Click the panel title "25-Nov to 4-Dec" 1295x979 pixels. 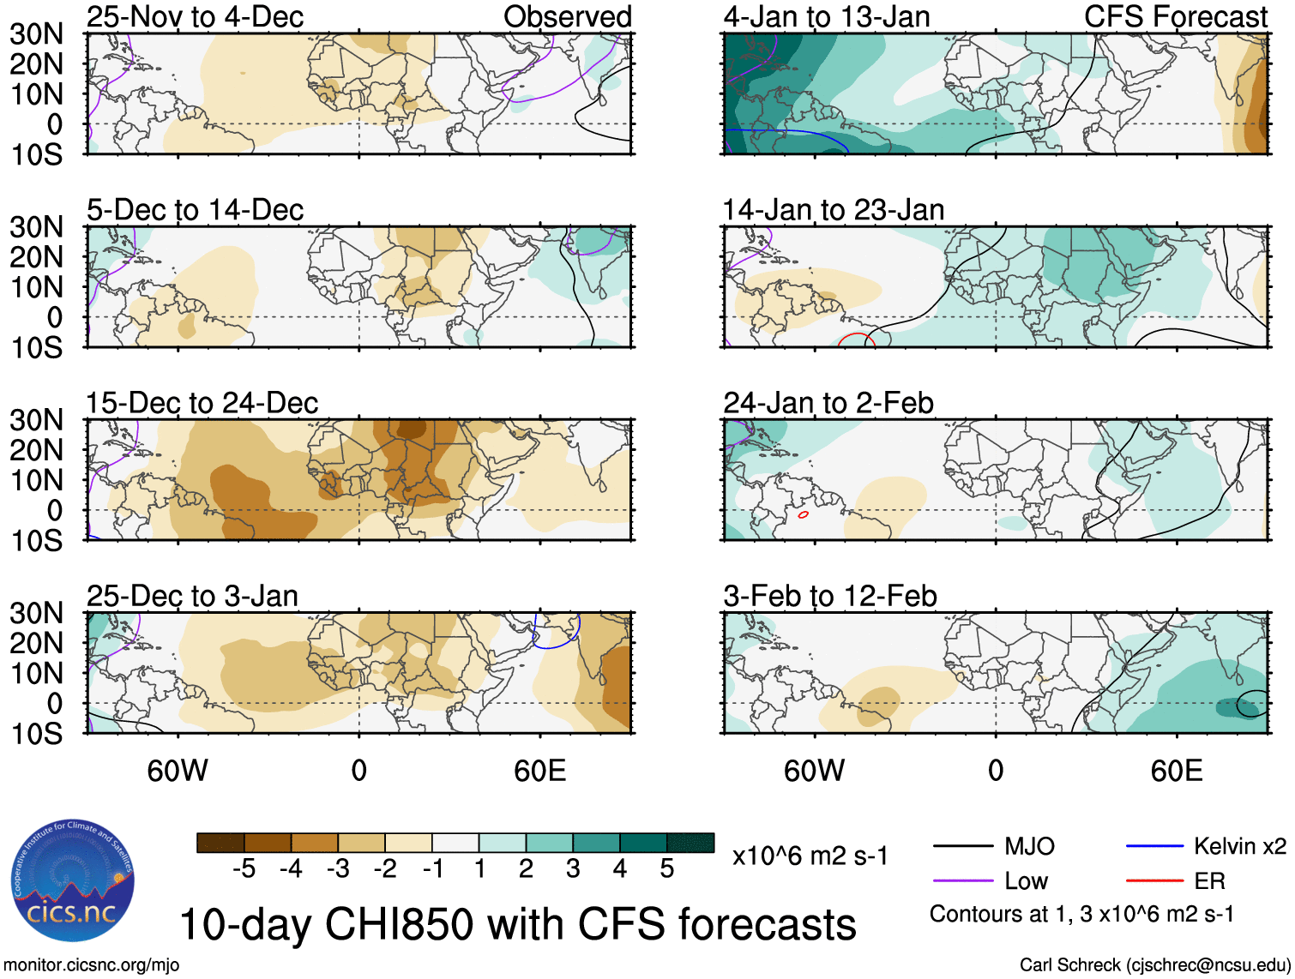tap(195, 17)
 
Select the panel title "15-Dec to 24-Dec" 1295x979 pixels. tap(202, 403)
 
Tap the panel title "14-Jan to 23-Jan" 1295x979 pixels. tap(834, 210)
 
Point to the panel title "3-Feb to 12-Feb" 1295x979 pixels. tap(829, 596)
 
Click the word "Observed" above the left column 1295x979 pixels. tap(567, 17)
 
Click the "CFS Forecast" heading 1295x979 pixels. tap(1175, 17)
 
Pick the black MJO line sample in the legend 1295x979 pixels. tap(962, 847)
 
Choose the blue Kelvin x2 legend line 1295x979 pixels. tap(1154, 847)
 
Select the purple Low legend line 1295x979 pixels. tap(962, 881)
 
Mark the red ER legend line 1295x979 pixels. tap(1154, 881)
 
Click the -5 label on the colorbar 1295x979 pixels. tap(244, 869)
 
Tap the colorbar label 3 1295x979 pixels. tap(573, 869)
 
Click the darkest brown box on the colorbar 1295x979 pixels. tap(220, 843)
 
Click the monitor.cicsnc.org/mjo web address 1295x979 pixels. tap(92, 965)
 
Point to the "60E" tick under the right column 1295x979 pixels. tap(1176, 771)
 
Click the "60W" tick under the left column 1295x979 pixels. tap(178, 771)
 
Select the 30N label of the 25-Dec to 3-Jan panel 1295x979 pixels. tap(37, 613)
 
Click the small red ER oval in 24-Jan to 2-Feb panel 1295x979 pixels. tap(803, 515)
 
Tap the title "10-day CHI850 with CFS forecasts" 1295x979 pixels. tap(517, 924)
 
